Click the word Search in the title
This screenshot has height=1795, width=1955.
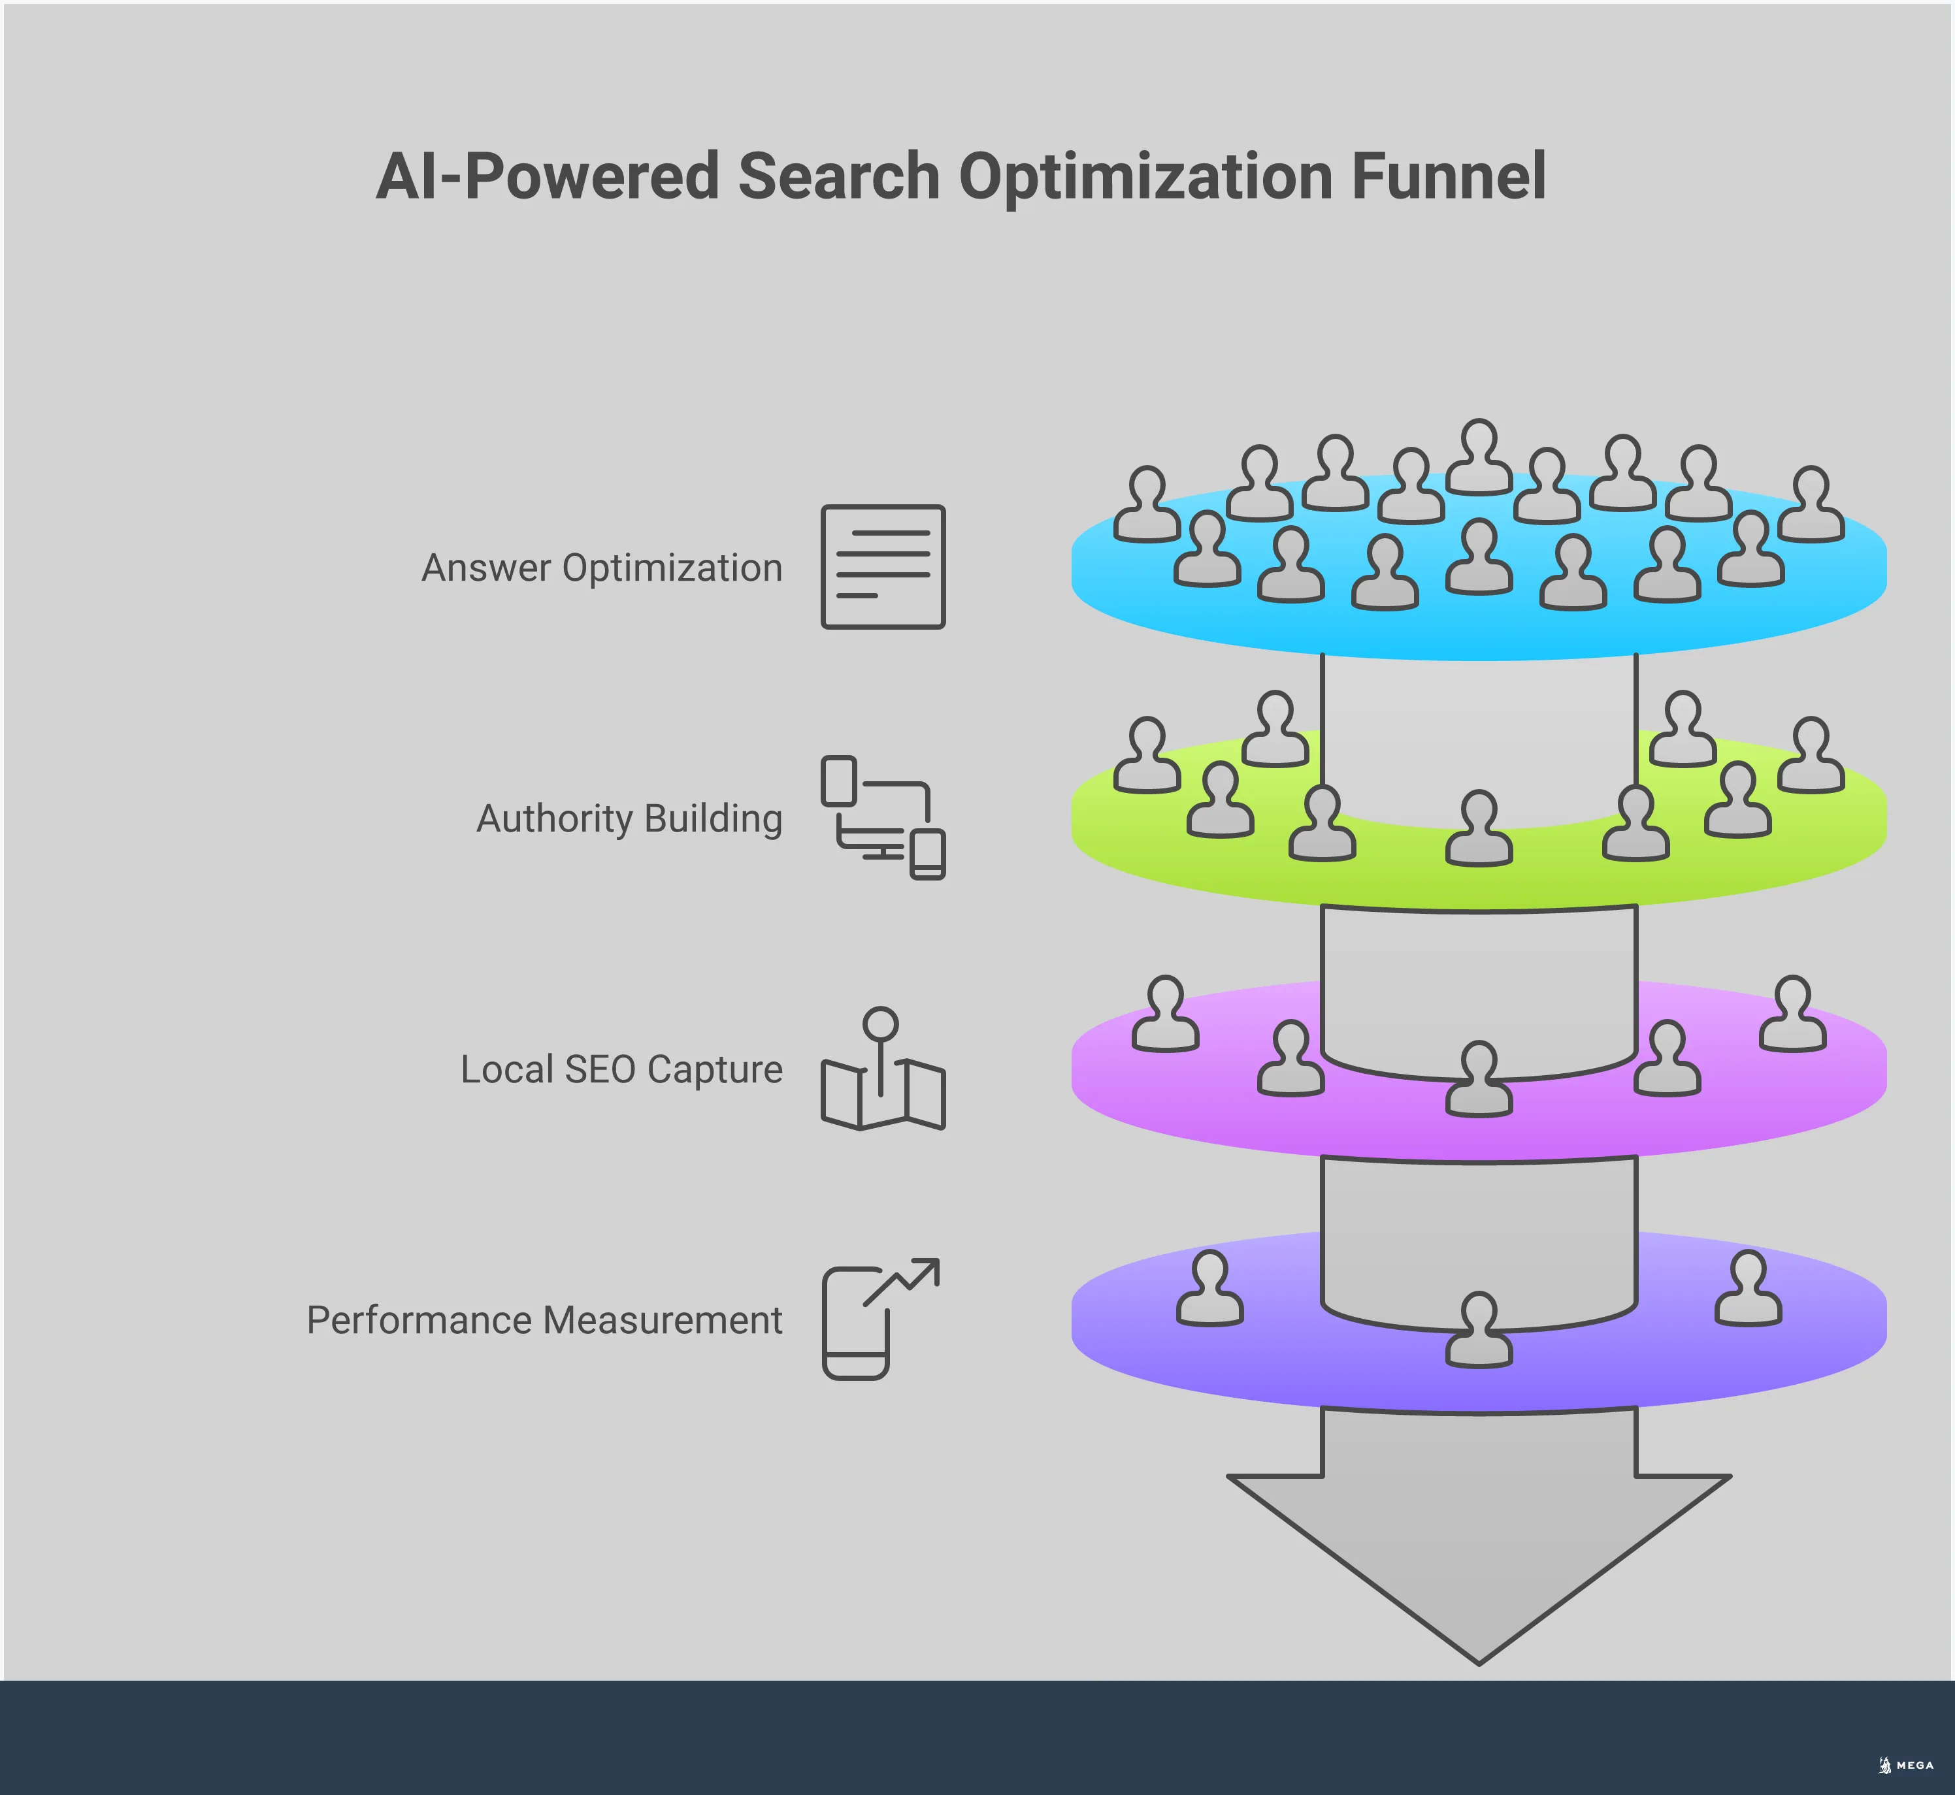pos(838,177)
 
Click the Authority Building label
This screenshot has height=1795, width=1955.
pos(629,819)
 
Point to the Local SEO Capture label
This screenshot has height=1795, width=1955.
pos(621,1069)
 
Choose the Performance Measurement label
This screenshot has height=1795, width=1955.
pos(544,1321)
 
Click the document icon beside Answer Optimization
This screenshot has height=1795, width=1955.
pos(882,566)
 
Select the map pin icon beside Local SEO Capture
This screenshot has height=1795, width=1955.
pos(882,1069)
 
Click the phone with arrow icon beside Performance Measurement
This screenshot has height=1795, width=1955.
pos(879,1319)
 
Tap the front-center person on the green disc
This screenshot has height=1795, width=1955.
pos(1479,828)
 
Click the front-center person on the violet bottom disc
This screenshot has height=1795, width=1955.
pos(1479,1331)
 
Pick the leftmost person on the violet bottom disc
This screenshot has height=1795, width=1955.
pos(1209,1289)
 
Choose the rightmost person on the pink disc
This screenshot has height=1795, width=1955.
pos(1793,1014)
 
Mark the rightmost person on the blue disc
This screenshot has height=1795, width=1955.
pos(1811,504)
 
